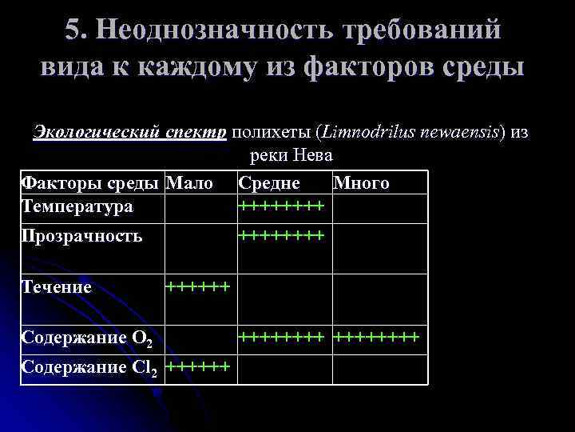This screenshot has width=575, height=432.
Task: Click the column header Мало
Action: [x=189, y=183]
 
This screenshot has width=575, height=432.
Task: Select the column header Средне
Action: [x=269, y=183]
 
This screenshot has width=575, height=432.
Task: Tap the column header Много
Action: [x=361, y=183]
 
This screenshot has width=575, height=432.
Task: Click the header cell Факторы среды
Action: [x=89, y=183]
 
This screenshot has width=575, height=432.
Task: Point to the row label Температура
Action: [x=77, y=207]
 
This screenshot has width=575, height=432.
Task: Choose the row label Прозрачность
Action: [x=81, y=235]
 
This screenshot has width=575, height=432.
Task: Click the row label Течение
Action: [x=57, y=286]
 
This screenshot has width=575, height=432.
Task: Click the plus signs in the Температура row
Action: [x=282, y=206]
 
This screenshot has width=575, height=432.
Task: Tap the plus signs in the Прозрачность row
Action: [x=282, y=234]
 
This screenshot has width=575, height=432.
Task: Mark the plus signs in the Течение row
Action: [x=198, y=285]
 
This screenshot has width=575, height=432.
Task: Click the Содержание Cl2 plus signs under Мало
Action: [x=198, y=366]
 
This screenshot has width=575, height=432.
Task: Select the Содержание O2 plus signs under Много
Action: [x=375, y=336]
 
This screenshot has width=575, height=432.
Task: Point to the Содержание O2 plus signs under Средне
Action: [x=282, y=336]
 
